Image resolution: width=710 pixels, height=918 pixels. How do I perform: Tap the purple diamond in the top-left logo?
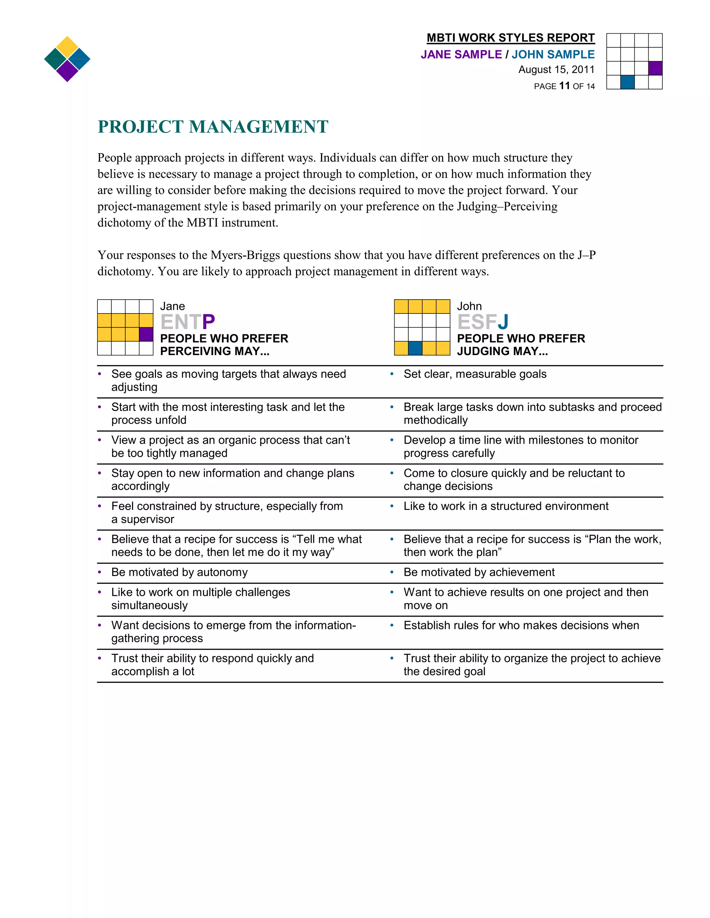[67, 71]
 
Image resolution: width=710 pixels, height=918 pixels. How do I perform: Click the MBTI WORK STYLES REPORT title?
[510, 38]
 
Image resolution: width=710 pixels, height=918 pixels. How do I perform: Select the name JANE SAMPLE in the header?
[461, 55]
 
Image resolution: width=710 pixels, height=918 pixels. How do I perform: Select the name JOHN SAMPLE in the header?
[553, 55]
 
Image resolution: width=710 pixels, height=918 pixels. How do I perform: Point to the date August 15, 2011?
[556, 70]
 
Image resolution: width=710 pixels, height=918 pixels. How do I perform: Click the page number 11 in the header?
[564, 86]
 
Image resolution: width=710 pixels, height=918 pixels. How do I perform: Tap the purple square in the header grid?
[655, 68]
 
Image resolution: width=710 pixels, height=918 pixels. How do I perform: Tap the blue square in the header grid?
[627, 82]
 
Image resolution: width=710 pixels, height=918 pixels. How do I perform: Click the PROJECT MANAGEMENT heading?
[213, 127]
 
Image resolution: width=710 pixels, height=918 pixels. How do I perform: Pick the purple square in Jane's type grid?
[146, 334]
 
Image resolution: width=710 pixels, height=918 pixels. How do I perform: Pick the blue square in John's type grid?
[415, 348]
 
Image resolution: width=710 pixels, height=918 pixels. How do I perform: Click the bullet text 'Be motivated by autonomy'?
[179, 573]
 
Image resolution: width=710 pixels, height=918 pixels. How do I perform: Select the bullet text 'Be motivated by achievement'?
[479, 573]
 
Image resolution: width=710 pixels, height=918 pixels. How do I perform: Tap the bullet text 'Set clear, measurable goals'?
[475, 374]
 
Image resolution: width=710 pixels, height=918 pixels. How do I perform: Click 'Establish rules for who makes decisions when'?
[521, 625]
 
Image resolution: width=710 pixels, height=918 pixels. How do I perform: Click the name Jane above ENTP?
[172, 307]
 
